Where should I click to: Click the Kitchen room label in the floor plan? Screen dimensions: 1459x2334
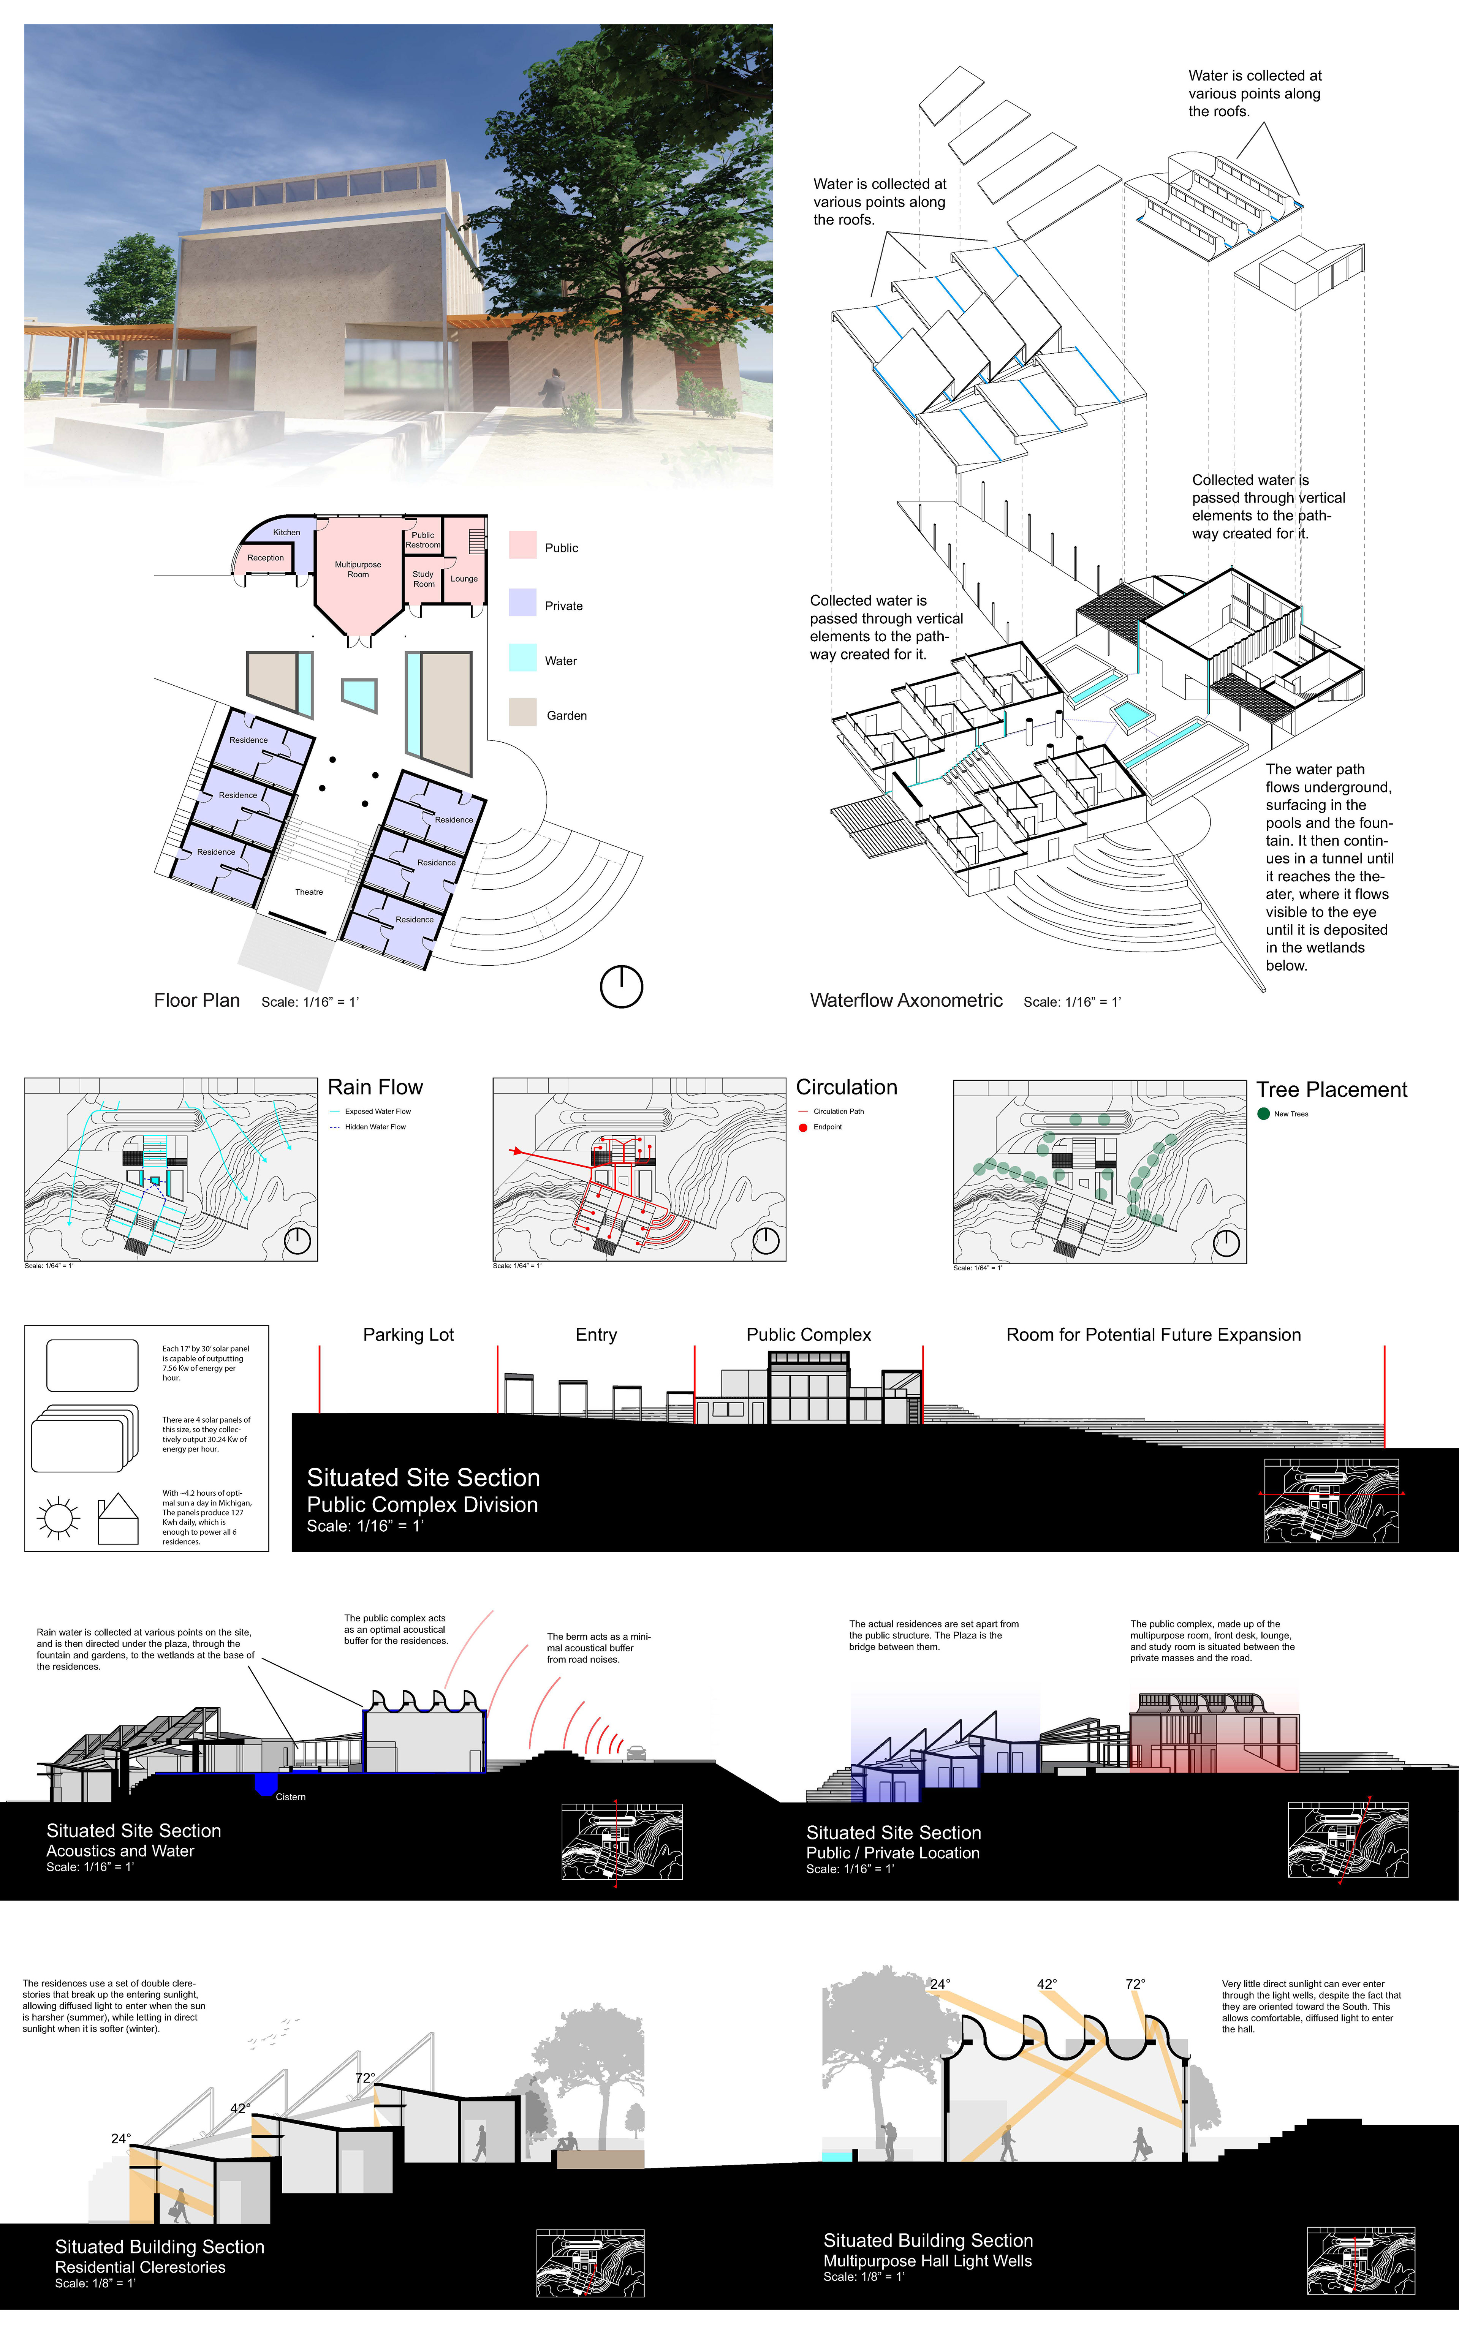point(286,532)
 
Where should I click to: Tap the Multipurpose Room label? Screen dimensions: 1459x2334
point(358,569)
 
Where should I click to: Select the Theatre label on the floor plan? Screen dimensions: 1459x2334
point(309,892)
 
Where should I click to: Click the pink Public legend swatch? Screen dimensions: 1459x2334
point(522,545)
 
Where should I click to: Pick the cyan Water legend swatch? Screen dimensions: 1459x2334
point(522,658)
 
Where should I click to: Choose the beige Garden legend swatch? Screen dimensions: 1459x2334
point(522,713)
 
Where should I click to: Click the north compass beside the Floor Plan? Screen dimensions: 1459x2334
point(622,987)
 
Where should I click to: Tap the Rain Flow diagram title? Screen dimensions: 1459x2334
point(375,1087)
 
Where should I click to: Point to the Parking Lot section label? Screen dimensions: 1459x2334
point(408,1335)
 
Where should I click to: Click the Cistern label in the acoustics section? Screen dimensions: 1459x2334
point(290,1797)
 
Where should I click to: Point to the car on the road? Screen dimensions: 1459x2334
point(637,1752)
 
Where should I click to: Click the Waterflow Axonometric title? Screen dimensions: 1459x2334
point(906,1000)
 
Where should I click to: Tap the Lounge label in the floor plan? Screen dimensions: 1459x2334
point(464,579)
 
